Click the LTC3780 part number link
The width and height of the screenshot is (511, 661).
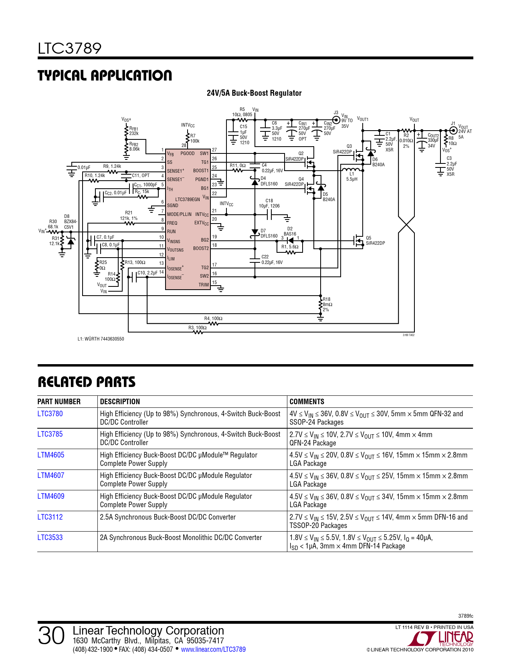click(x=50, y=414)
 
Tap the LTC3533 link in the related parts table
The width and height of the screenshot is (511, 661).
click(x=50, y=537)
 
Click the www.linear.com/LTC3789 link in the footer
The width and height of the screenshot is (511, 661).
click(x=213, y=649)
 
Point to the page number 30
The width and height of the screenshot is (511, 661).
click(x=51, y=636)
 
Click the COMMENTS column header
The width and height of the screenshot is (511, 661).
click(x=307, y=401)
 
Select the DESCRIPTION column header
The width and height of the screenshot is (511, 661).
click(x=120, y=401)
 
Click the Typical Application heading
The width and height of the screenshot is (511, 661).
click(x=105, y=75)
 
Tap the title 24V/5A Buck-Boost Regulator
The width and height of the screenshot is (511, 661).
click(x=254, y=93)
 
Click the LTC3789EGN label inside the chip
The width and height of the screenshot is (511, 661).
click(x=188, y=199)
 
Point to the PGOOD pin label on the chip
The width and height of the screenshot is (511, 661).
click(x=188, y=153)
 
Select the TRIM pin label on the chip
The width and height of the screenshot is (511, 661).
click(x=204, y=285)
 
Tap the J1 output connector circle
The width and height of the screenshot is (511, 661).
click(x=453, y=131)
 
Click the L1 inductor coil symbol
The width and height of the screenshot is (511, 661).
click(x=352, y=169)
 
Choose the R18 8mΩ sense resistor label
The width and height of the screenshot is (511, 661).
click(x=327, y=304)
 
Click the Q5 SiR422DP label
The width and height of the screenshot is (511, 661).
click(x=375, y=240)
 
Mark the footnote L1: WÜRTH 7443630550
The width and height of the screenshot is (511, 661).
click(x=101, y=339)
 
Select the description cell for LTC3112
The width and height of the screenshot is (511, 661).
click(x=168, y=517)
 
